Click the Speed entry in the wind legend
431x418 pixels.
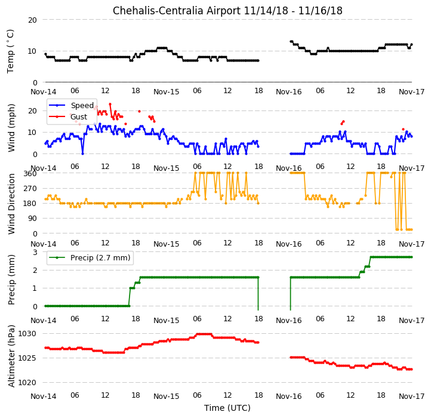click(x=82, y=105)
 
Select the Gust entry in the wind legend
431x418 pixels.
click(x=79, y=117)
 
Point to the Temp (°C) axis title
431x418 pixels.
click(x=10, y=51)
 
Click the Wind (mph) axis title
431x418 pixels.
click(x=11, y=128)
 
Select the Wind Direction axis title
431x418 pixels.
click(x=11, y=204)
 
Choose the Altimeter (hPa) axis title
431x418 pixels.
click(x=11, y=356)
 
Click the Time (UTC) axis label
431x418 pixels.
click(x=227, y=408)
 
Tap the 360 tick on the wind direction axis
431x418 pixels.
click(x=30, y=174)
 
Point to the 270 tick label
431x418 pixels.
click(x=30, y=189)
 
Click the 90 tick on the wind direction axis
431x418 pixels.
click(x=32, y=219)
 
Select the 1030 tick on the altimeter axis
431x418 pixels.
click(x=27, y=334)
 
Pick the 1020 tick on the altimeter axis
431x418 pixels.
click(x=27, y=383)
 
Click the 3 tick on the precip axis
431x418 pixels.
click(x=35, y=253)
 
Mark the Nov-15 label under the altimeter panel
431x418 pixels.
click(x=167, y=397)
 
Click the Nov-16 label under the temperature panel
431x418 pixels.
click(x=288, y=92)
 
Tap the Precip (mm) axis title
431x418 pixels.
click(x=11, y=279)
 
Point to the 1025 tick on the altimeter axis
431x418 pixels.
click(x=27, y=358)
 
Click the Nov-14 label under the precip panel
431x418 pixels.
click(x=44, y=321)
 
